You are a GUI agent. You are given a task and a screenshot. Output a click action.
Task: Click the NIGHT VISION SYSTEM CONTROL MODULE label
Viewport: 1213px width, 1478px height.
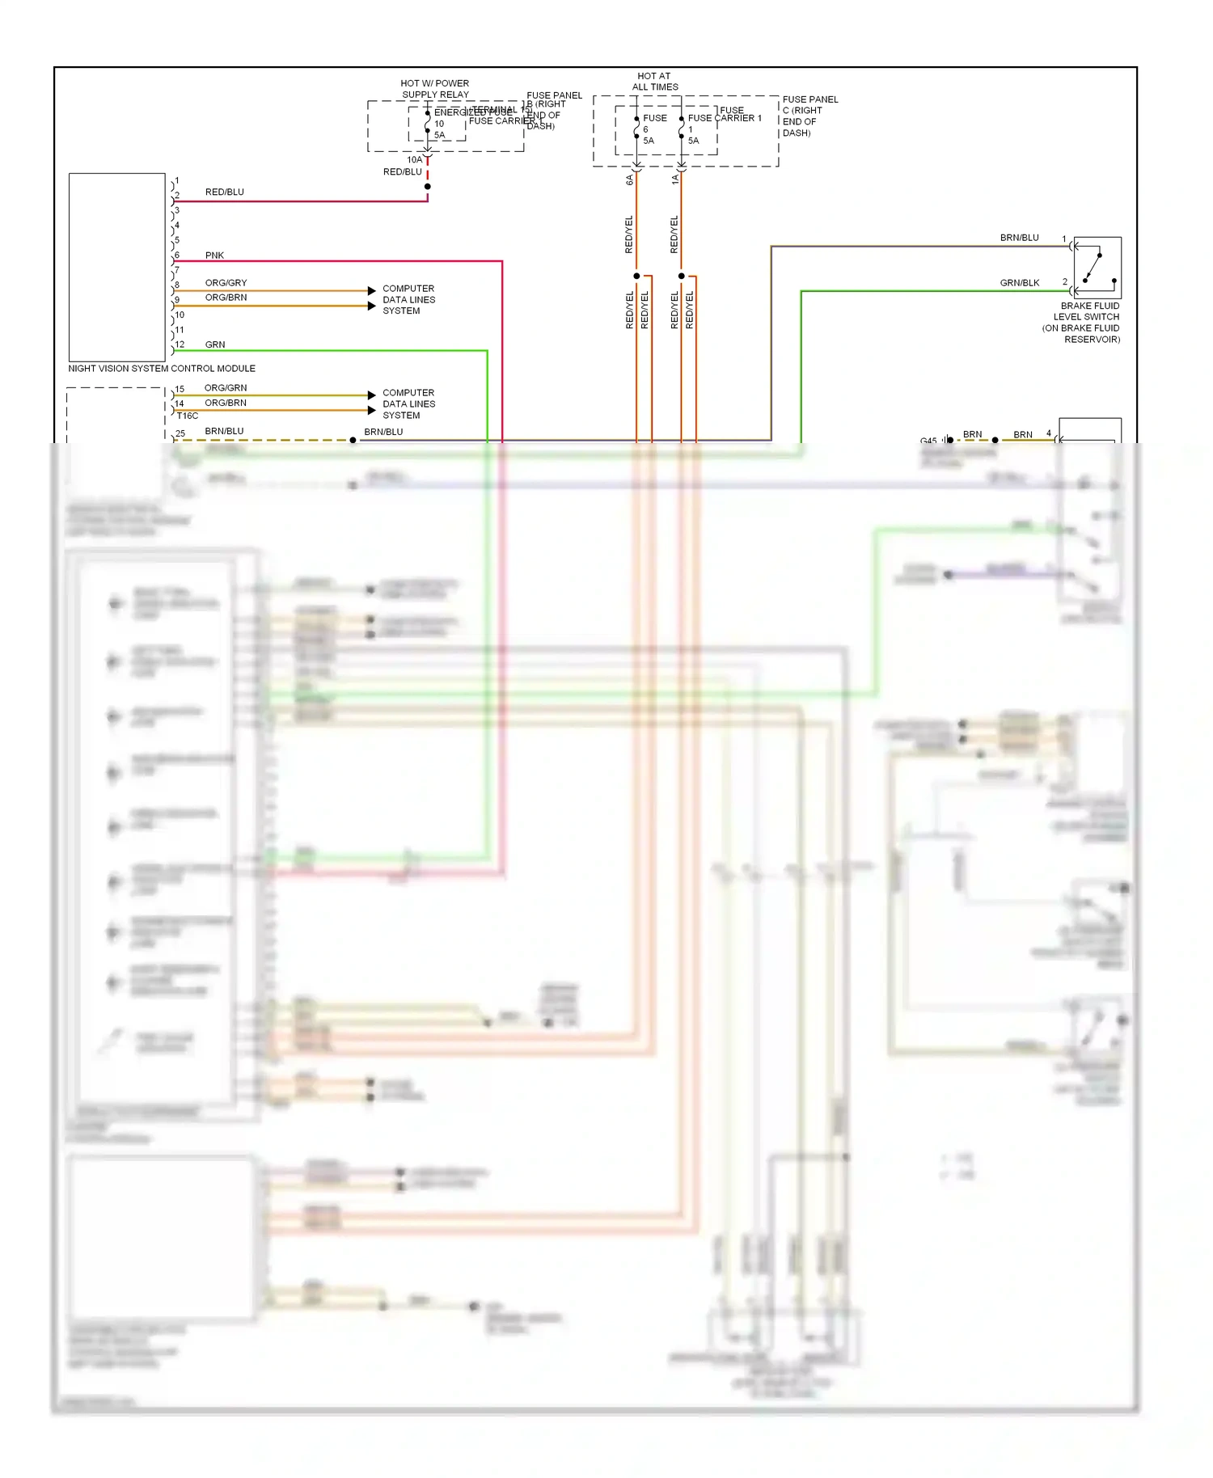point(162,369)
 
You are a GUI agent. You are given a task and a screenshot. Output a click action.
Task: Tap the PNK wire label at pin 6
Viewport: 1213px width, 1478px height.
point(214,255)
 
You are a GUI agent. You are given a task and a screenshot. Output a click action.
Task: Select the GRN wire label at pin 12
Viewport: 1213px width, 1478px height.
point(215,344)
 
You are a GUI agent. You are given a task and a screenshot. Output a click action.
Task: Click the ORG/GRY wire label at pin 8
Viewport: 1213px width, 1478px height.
point(226,283)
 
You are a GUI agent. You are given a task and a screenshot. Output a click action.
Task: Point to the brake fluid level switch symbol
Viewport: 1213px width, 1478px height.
point(1097,268)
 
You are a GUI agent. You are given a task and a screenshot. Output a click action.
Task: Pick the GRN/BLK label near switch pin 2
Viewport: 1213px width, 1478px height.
point(1019,283)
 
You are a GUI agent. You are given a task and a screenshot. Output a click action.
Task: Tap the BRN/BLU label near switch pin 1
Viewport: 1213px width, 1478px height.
point(1019,238)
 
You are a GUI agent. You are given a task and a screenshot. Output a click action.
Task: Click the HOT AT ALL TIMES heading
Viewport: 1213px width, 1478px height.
point(654,82)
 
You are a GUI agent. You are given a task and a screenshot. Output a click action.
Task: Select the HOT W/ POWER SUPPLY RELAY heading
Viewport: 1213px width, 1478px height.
point(435,89)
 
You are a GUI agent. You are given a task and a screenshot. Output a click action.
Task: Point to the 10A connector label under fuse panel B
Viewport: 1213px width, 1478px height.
point(414,160)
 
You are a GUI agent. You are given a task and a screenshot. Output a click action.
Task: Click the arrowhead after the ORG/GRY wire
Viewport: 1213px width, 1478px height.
point(372,290)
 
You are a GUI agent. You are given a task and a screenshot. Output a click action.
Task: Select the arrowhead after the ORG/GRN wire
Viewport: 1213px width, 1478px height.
point(372,395)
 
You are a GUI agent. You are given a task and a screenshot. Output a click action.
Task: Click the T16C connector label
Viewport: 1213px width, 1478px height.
point(188,416)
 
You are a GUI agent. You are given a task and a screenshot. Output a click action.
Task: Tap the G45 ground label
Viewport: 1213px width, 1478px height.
point(928,441)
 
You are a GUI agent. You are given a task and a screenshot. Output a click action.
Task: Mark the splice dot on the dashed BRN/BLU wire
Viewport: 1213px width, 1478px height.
point(353,440)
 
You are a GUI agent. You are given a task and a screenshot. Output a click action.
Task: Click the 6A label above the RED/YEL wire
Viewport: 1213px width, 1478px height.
point(630,180)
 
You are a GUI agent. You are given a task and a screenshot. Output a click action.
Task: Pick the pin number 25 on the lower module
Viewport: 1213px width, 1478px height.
point(180,433)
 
